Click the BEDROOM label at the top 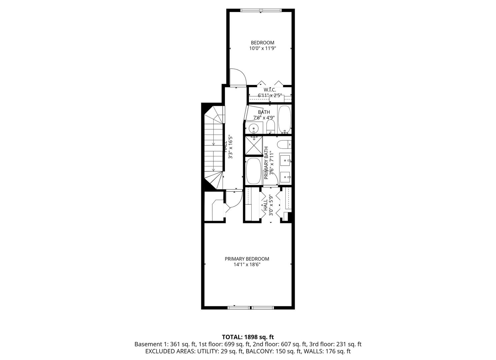pyautogui.click(x=262, y=43)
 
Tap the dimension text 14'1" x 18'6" pyautogui.click(x=247, y=264)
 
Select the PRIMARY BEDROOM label pyautogui.click(x=247, y=259)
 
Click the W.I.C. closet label pyautogui.click(x=270, y=90)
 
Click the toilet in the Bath pyautogui.click(x=270, y=127)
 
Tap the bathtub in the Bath pyautogui.click(x=284, y=119)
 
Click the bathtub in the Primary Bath pyautogui.click(x=254, y=171)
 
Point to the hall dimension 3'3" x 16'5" pyautogui.click(x=230, y=147)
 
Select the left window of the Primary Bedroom pyautogui.click(x=239, y=307)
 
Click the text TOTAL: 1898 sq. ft pyautogui.click(x=248, y=337)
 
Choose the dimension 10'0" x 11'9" pyautogui.click(x=262, y=48)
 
